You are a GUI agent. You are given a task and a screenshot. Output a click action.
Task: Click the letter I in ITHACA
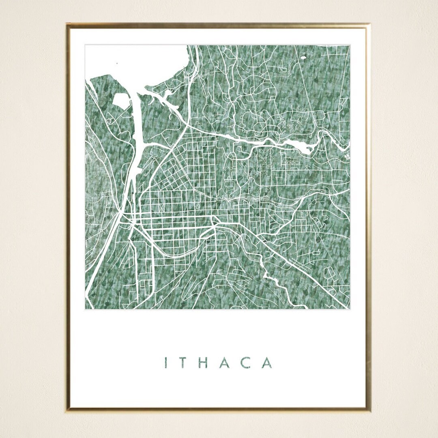(x=166, y=363)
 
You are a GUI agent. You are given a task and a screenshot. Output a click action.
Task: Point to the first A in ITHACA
(x=225, y=363)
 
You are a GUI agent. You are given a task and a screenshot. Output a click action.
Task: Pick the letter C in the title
(x=246, y=363)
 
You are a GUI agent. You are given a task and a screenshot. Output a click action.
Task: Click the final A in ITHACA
(x=267, y=363)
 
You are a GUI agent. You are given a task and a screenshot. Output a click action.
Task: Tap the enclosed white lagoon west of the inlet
(x=121, y=101)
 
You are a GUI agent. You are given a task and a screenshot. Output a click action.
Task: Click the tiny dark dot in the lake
(x=117, y=63)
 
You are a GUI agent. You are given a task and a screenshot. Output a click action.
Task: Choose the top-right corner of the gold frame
(x=369, y=25)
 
